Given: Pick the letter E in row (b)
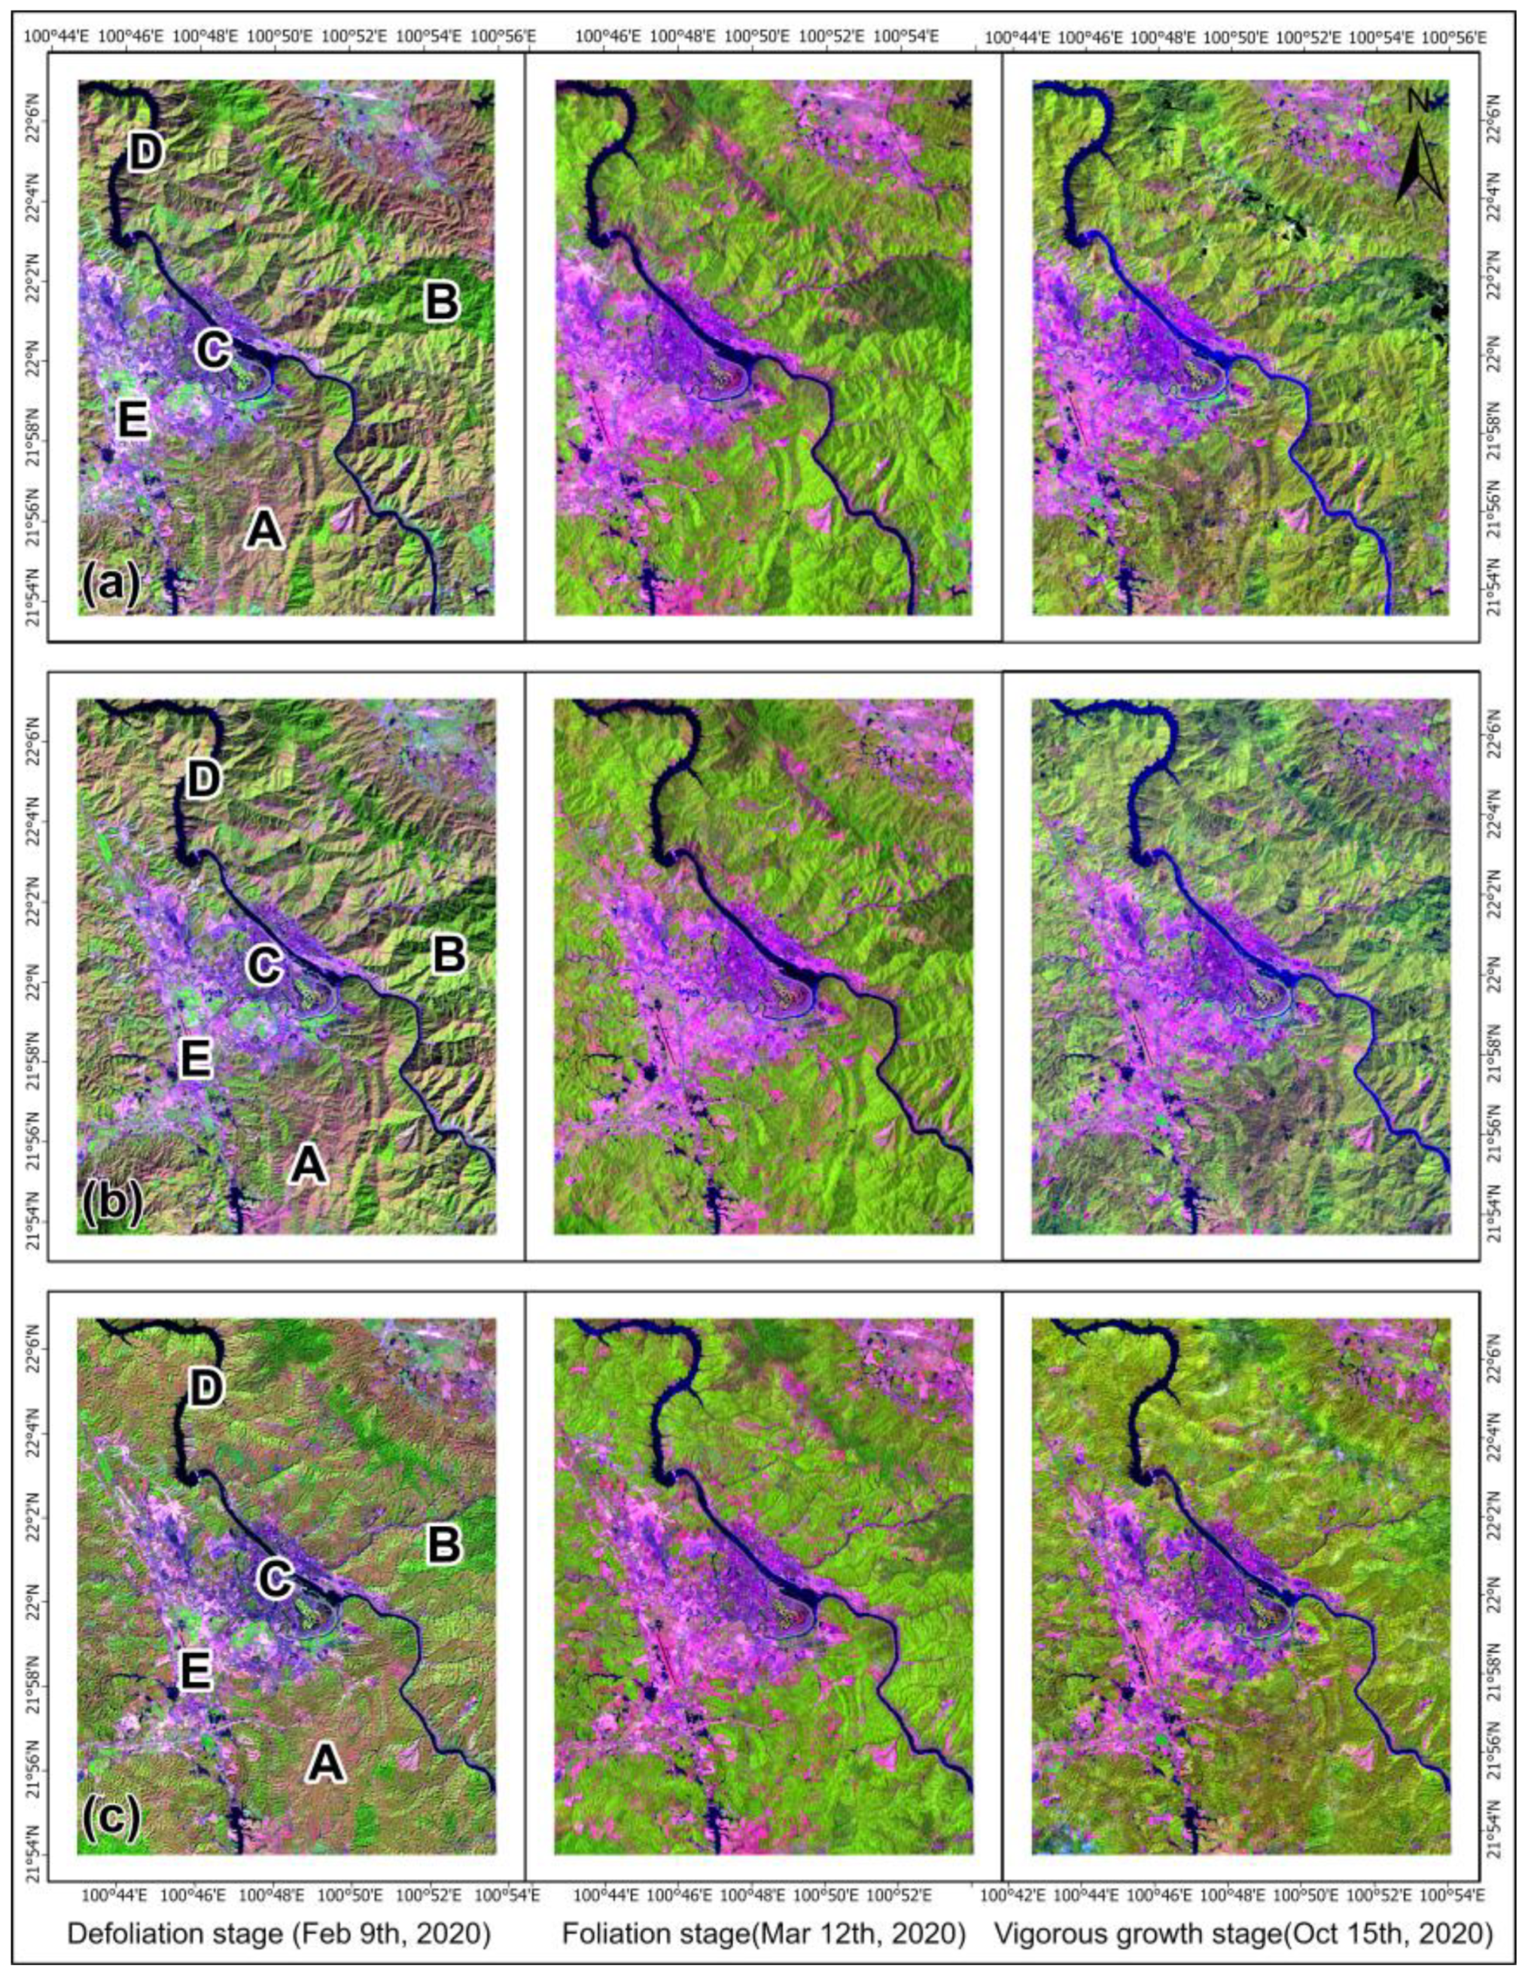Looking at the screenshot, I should click(196, 1057).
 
